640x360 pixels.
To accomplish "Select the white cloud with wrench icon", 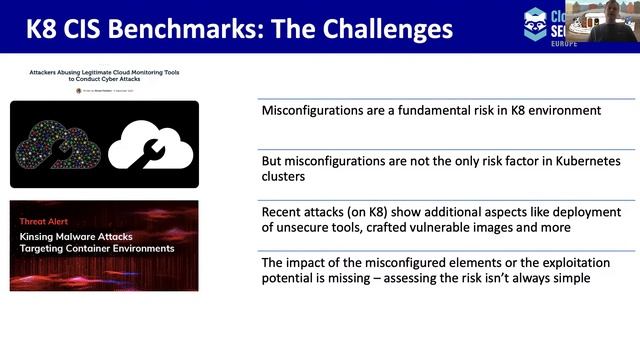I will click(x=150, y=146).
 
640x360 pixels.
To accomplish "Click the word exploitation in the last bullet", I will click(x=542, y=263).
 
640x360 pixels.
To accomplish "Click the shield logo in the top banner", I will click(x=535, y=25).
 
